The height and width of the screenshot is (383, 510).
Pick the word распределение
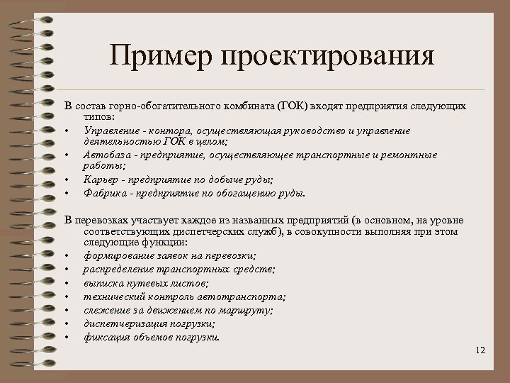click(117, 270)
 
